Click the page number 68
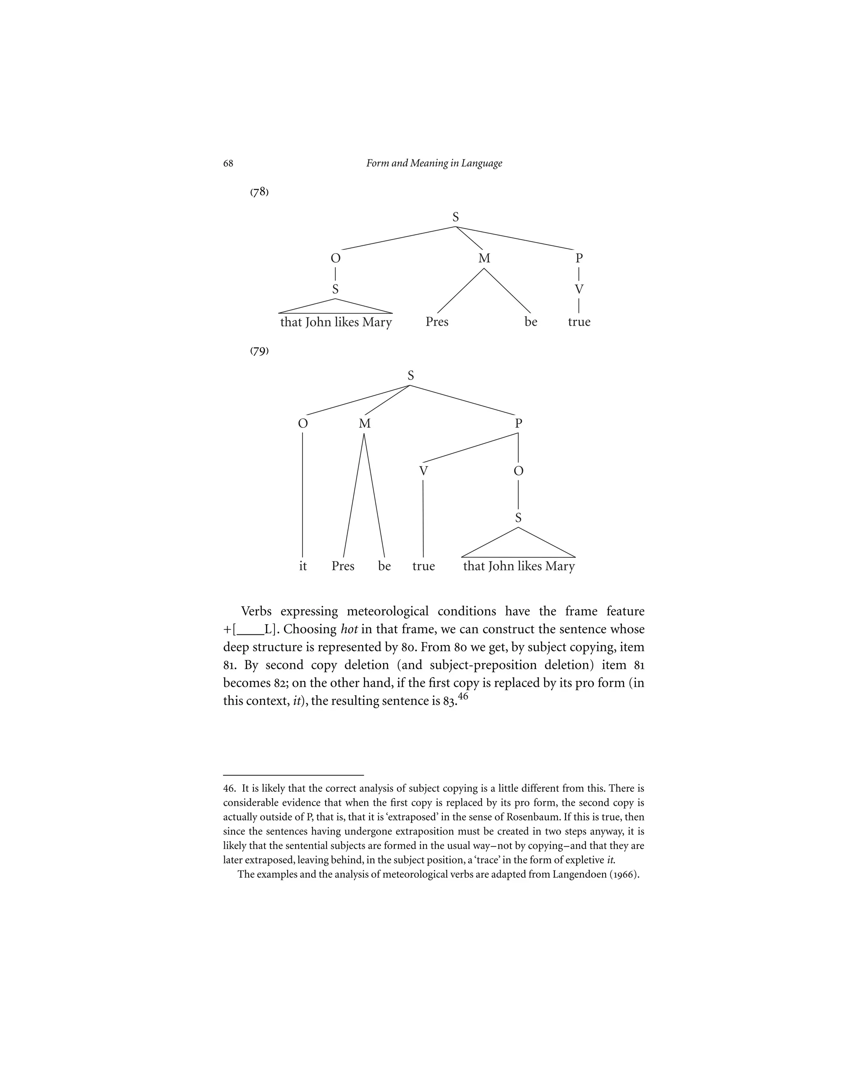click(228, 164)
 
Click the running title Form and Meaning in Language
click(434, 163)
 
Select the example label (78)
click(259, 192)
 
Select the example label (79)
click(259, 351)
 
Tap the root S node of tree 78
click(456, 217)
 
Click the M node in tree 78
click(484, 258)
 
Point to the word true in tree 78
click(579, 322)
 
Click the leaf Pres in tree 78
click(437, 322)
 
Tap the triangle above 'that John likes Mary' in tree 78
click(335, 307)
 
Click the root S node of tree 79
click(410, 375)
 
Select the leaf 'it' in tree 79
click(303, 566)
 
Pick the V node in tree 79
click(424, 471)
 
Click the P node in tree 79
click(518, 424)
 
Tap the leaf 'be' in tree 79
click(384, 566)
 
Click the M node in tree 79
click(365, 424)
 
